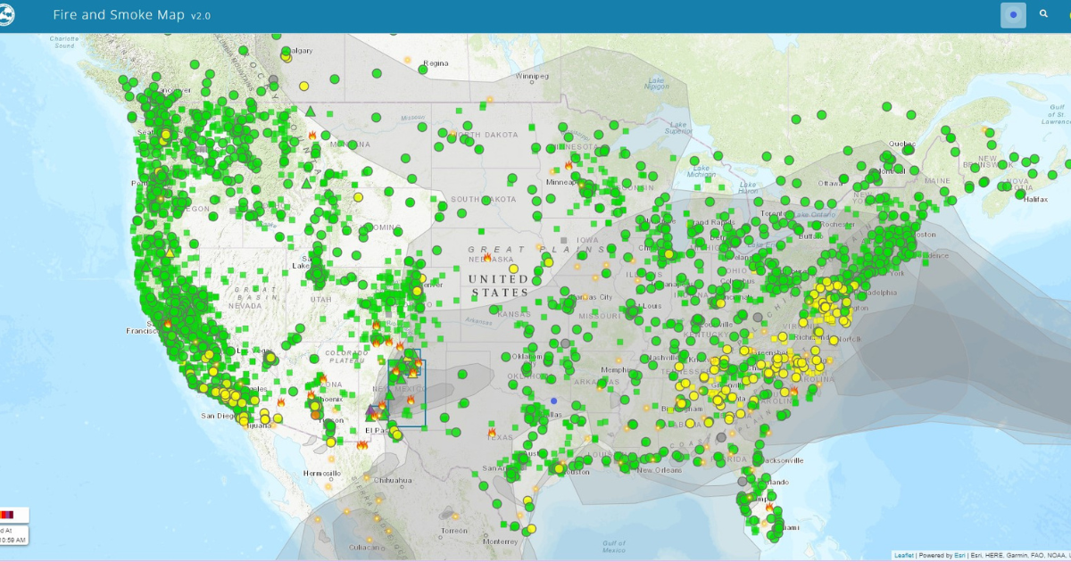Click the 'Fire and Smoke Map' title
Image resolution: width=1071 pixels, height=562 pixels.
[x=120, y=15]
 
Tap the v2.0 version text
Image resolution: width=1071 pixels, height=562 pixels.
[x=201, y=16]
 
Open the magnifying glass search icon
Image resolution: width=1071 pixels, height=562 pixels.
[x=1044, y=14]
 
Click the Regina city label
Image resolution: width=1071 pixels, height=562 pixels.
[x=436, y=63]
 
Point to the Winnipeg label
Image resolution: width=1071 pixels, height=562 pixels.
[x=532, y=77]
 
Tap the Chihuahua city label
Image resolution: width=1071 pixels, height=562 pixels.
[x=394, y=480]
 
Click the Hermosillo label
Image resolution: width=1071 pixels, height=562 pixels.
[x=321, y=473]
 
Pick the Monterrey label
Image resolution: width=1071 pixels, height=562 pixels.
[x=500, y=541]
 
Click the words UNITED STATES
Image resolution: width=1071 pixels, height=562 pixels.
[x=500, y=285]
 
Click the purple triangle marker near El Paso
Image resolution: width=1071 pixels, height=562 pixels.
[x=372, y=410]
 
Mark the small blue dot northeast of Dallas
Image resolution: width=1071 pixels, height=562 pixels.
[x=553, y=401]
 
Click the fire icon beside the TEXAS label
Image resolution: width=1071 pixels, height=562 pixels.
[x=492, y=432]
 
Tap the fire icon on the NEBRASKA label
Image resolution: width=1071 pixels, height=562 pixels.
[x=487, y=257]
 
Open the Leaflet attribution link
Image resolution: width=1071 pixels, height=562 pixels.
[x=903, y=556]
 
